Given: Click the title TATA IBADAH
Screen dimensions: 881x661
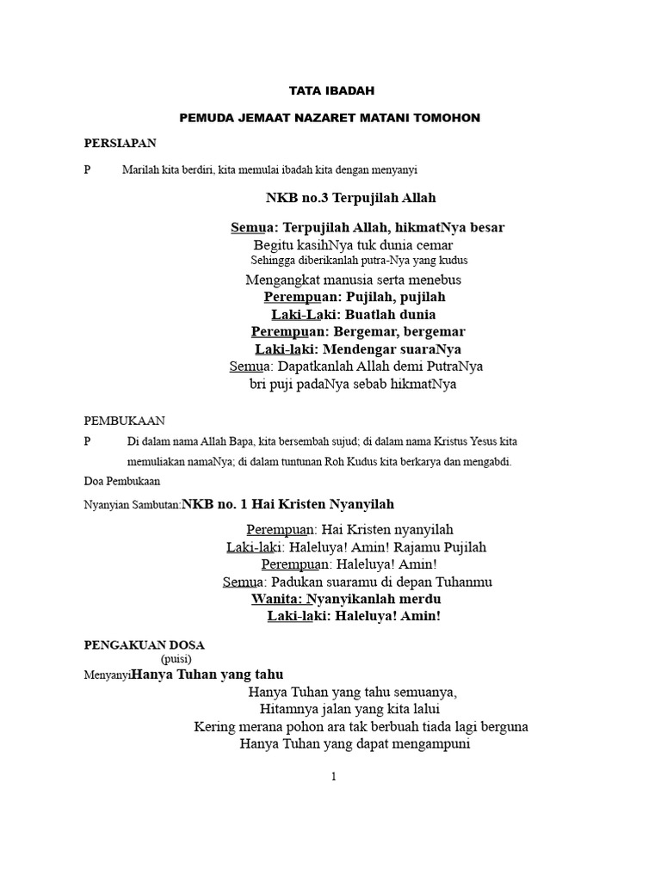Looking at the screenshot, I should [331, 89].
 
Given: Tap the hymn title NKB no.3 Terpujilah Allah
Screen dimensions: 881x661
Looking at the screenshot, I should [351, 198].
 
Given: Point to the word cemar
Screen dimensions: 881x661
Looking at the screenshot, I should [435, 244].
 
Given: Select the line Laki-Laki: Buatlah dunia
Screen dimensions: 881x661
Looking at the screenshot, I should [354, 314].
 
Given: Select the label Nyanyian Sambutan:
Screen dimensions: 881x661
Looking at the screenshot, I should [133, 505].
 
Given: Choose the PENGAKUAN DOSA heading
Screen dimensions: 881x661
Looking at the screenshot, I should [145, 644].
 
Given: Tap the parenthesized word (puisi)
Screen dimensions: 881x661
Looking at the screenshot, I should [176, 659].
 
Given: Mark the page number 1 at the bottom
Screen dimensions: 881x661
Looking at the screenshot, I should [333, 777].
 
